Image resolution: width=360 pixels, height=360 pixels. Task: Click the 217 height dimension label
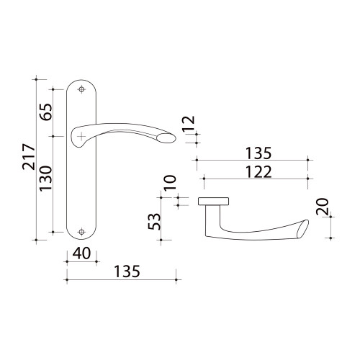point(29,157)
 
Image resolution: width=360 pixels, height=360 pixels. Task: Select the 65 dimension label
point(46,112)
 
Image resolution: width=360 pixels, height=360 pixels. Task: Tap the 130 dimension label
point(46,179)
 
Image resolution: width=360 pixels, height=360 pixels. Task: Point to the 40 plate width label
point(81,253)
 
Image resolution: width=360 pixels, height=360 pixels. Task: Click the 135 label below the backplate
point(127,271)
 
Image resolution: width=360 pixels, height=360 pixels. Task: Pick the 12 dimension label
point(189,124)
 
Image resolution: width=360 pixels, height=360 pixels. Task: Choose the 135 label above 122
point(258,153)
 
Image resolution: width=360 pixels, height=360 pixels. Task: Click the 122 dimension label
point(258,172)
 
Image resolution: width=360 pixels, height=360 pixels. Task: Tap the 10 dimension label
point(170,183)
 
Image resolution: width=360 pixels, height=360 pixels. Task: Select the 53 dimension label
point(154,222)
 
